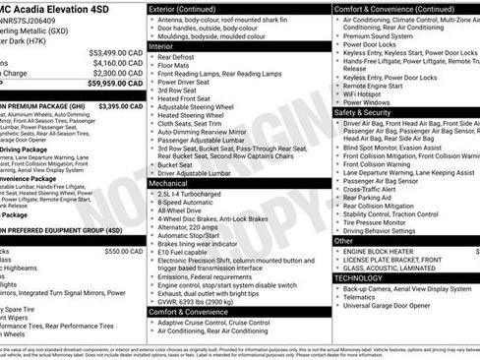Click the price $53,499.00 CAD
[x=114, y=52]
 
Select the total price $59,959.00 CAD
[x=114, y=84]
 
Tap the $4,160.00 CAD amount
[x=116, y=62]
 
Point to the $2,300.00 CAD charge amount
[x=116, y=73]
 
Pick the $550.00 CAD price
[x=124, y=251]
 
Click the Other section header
[x=344, y=240]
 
